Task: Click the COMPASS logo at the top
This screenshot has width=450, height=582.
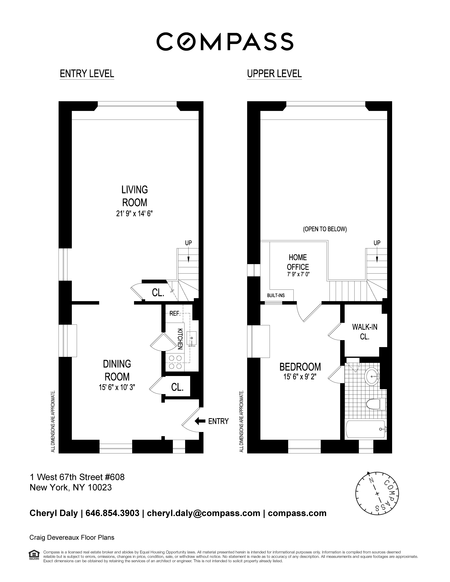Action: [x=225, y=42]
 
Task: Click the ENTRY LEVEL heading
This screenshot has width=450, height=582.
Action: [x=87, y=74]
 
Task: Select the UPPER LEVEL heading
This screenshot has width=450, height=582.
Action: [x=274, y=74]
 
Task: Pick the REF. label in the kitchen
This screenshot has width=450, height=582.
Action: [x=175, y=314]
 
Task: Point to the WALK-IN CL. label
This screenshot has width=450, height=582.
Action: [x=365, y=332]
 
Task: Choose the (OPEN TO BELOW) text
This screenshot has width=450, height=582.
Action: [x=325, y=229]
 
